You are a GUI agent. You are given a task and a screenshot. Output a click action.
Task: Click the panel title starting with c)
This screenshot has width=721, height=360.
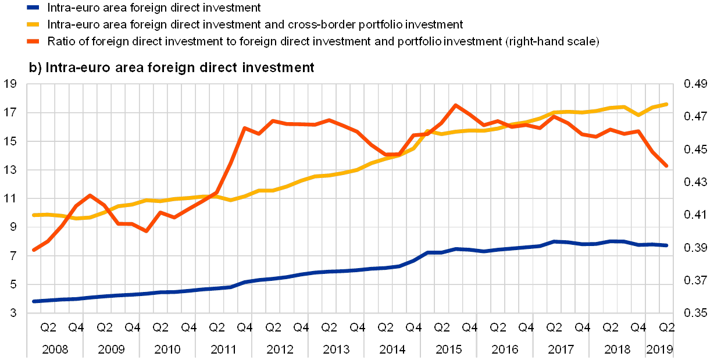pos(172,67)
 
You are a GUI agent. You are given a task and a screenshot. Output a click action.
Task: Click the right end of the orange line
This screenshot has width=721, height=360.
pos(667,166)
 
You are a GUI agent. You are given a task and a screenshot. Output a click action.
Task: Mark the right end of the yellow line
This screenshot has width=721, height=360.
pos(667,104)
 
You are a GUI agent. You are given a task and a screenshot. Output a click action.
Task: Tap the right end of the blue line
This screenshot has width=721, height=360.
pos(667,245)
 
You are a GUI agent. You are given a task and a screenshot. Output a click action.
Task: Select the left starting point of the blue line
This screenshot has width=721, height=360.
pos(34,301)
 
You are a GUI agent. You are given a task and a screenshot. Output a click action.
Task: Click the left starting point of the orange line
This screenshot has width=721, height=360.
pos(34,250)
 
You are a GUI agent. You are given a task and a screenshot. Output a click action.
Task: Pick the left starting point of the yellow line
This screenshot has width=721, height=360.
pos(34,215)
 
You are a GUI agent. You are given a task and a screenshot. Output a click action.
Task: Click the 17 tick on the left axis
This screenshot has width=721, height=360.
pos(14,112)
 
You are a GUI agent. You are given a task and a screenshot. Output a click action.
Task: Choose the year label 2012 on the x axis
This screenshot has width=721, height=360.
pos(280,350)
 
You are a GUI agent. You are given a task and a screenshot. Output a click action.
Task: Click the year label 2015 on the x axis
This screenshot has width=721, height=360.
pos(449,350)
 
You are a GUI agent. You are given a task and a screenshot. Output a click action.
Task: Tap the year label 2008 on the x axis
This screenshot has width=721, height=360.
pos(55,350)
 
